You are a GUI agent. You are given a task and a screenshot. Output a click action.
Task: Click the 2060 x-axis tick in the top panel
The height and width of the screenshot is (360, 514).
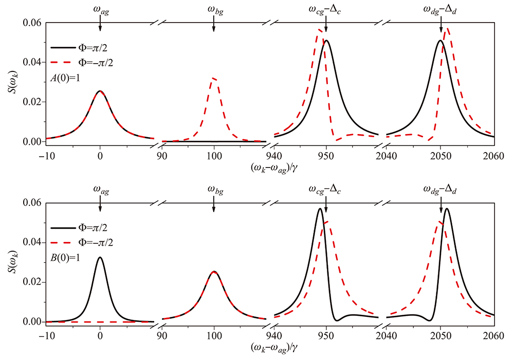pyautogui.click(x=493, y=153)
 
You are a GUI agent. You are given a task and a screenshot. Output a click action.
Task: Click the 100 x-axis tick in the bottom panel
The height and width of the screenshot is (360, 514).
pyautogui.click(x=214, y=333)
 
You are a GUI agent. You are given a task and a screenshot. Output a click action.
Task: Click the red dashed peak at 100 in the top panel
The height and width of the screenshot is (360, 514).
pyautogui.click(x=214, y=78)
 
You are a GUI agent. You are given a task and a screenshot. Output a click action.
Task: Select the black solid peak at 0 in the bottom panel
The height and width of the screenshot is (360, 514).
pyautogui.click(x=100, y=257)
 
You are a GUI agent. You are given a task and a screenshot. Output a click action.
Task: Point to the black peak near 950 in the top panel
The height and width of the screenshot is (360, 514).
pyautogui.click(x=326, y=41)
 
